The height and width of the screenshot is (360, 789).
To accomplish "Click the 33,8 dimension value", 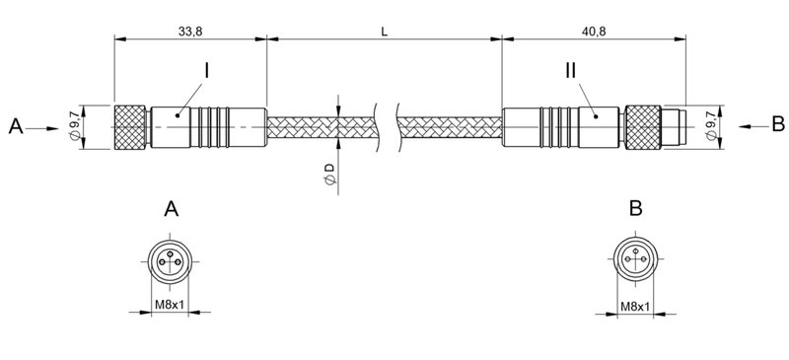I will [189, 32].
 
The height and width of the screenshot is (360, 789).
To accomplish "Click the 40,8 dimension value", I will [593, 32].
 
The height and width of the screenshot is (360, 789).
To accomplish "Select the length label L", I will [384, 32].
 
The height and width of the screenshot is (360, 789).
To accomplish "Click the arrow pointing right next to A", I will [45, 127].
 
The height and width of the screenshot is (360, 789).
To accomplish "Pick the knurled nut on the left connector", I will [131, 127].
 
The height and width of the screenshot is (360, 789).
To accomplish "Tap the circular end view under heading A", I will [171, 261].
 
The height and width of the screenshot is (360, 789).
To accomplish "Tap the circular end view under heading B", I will [635, 261].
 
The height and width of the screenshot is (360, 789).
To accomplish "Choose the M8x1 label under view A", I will [171, 308].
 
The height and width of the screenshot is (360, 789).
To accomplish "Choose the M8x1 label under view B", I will [635, 308].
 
